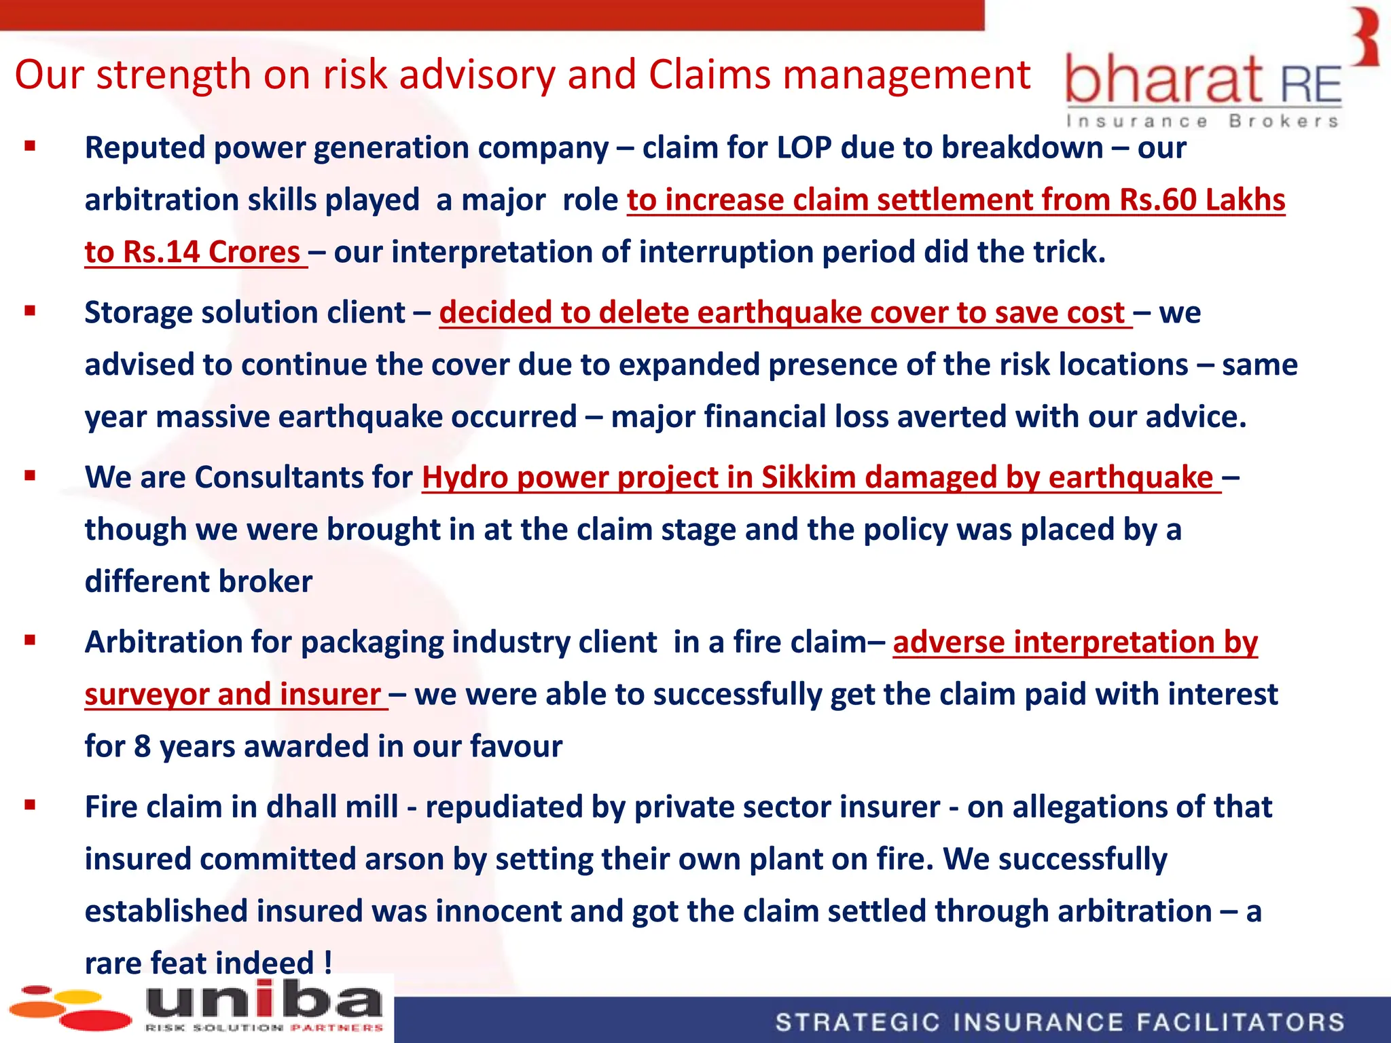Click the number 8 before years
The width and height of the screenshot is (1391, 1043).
(x=142, y=746)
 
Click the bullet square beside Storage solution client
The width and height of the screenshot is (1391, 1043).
(x=30, y=312)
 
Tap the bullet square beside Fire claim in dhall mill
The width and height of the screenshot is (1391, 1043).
(x=30, y=806)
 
